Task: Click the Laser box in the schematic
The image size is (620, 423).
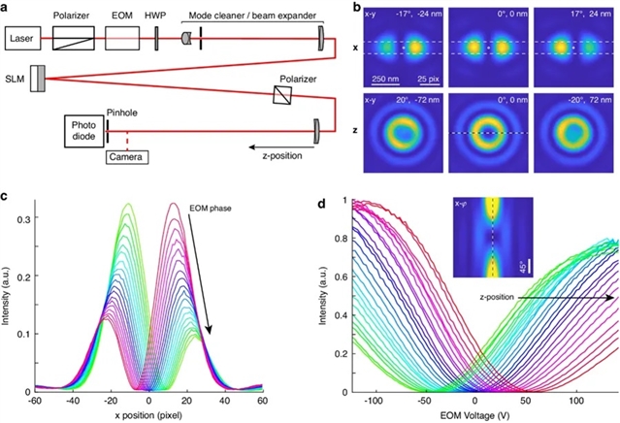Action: tap(26, 40)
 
